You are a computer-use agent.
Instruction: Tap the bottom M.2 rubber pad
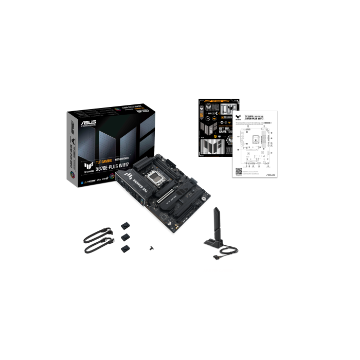pyautogui.click(x=125, y=248)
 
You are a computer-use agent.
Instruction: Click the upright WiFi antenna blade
pyautogui.click(x=217, y=222)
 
